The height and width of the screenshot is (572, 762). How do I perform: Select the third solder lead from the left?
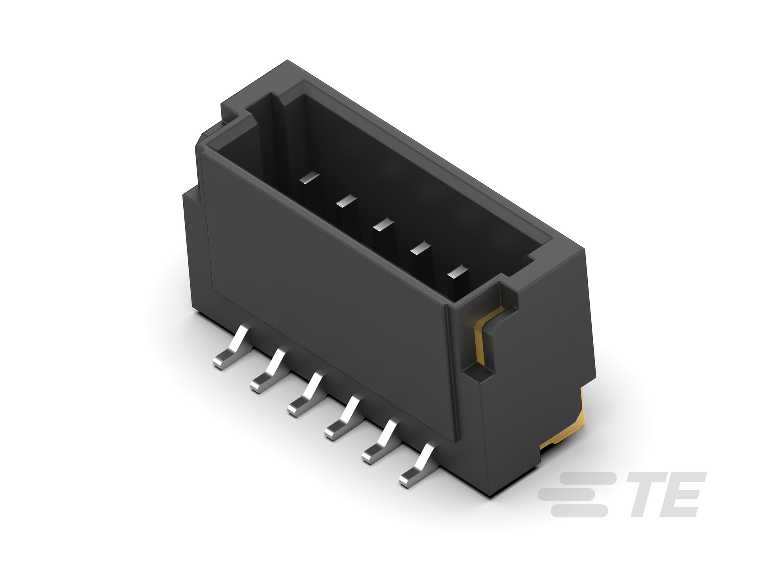305,394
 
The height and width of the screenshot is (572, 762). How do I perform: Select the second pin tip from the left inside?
347,201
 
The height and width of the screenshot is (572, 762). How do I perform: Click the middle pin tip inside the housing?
383,224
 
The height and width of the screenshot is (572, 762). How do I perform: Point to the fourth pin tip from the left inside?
420,248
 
